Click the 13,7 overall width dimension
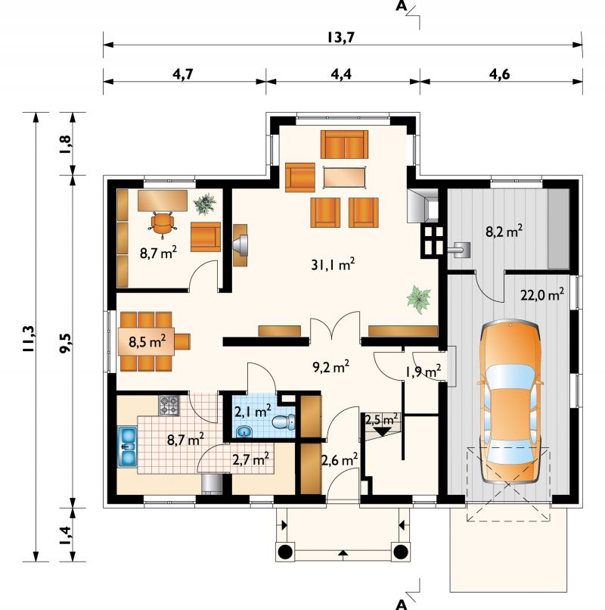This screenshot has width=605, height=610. pos(340,37)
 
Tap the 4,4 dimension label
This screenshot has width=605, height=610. pos(341,74)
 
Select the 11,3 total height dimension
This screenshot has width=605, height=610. pos(29,338)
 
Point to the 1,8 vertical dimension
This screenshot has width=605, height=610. pos(66,144)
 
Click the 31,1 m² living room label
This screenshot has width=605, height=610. pos(333,264)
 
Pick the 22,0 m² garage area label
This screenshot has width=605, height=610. pos(542,294)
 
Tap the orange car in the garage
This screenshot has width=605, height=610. pos(510,401)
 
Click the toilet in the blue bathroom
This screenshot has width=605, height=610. pos(284,422)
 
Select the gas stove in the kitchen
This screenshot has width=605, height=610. pos(169,406)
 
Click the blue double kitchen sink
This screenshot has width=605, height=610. pos(128,447)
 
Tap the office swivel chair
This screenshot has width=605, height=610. pos(162,224)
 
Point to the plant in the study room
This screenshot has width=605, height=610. pos(204,204)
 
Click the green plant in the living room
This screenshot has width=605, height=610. pos(419,299)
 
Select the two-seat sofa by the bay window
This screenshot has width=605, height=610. pos(345,145)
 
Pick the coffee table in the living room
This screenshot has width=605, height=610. pos(345,177)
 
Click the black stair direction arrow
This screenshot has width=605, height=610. pos(382,431)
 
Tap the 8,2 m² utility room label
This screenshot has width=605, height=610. pos(504,232)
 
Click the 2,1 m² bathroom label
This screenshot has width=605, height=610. pos(253,411)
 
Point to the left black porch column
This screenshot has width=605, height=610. pos(285,551)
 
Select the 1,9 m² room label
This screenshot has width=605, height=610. pos(423,372)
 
